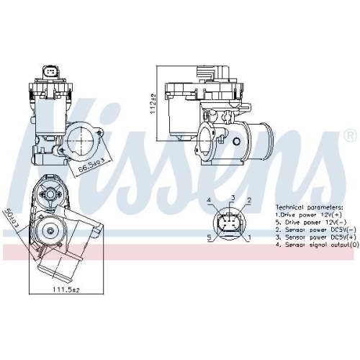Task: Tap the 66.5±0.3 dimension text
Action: coord(91,165)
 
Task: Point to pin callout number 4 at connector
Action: coord(209,200)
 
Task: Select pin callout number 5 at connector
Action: coord(209,236)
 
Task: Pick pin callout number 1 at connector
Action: coord(249,236)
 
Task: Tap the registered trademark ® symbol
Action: coord(350,135)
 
